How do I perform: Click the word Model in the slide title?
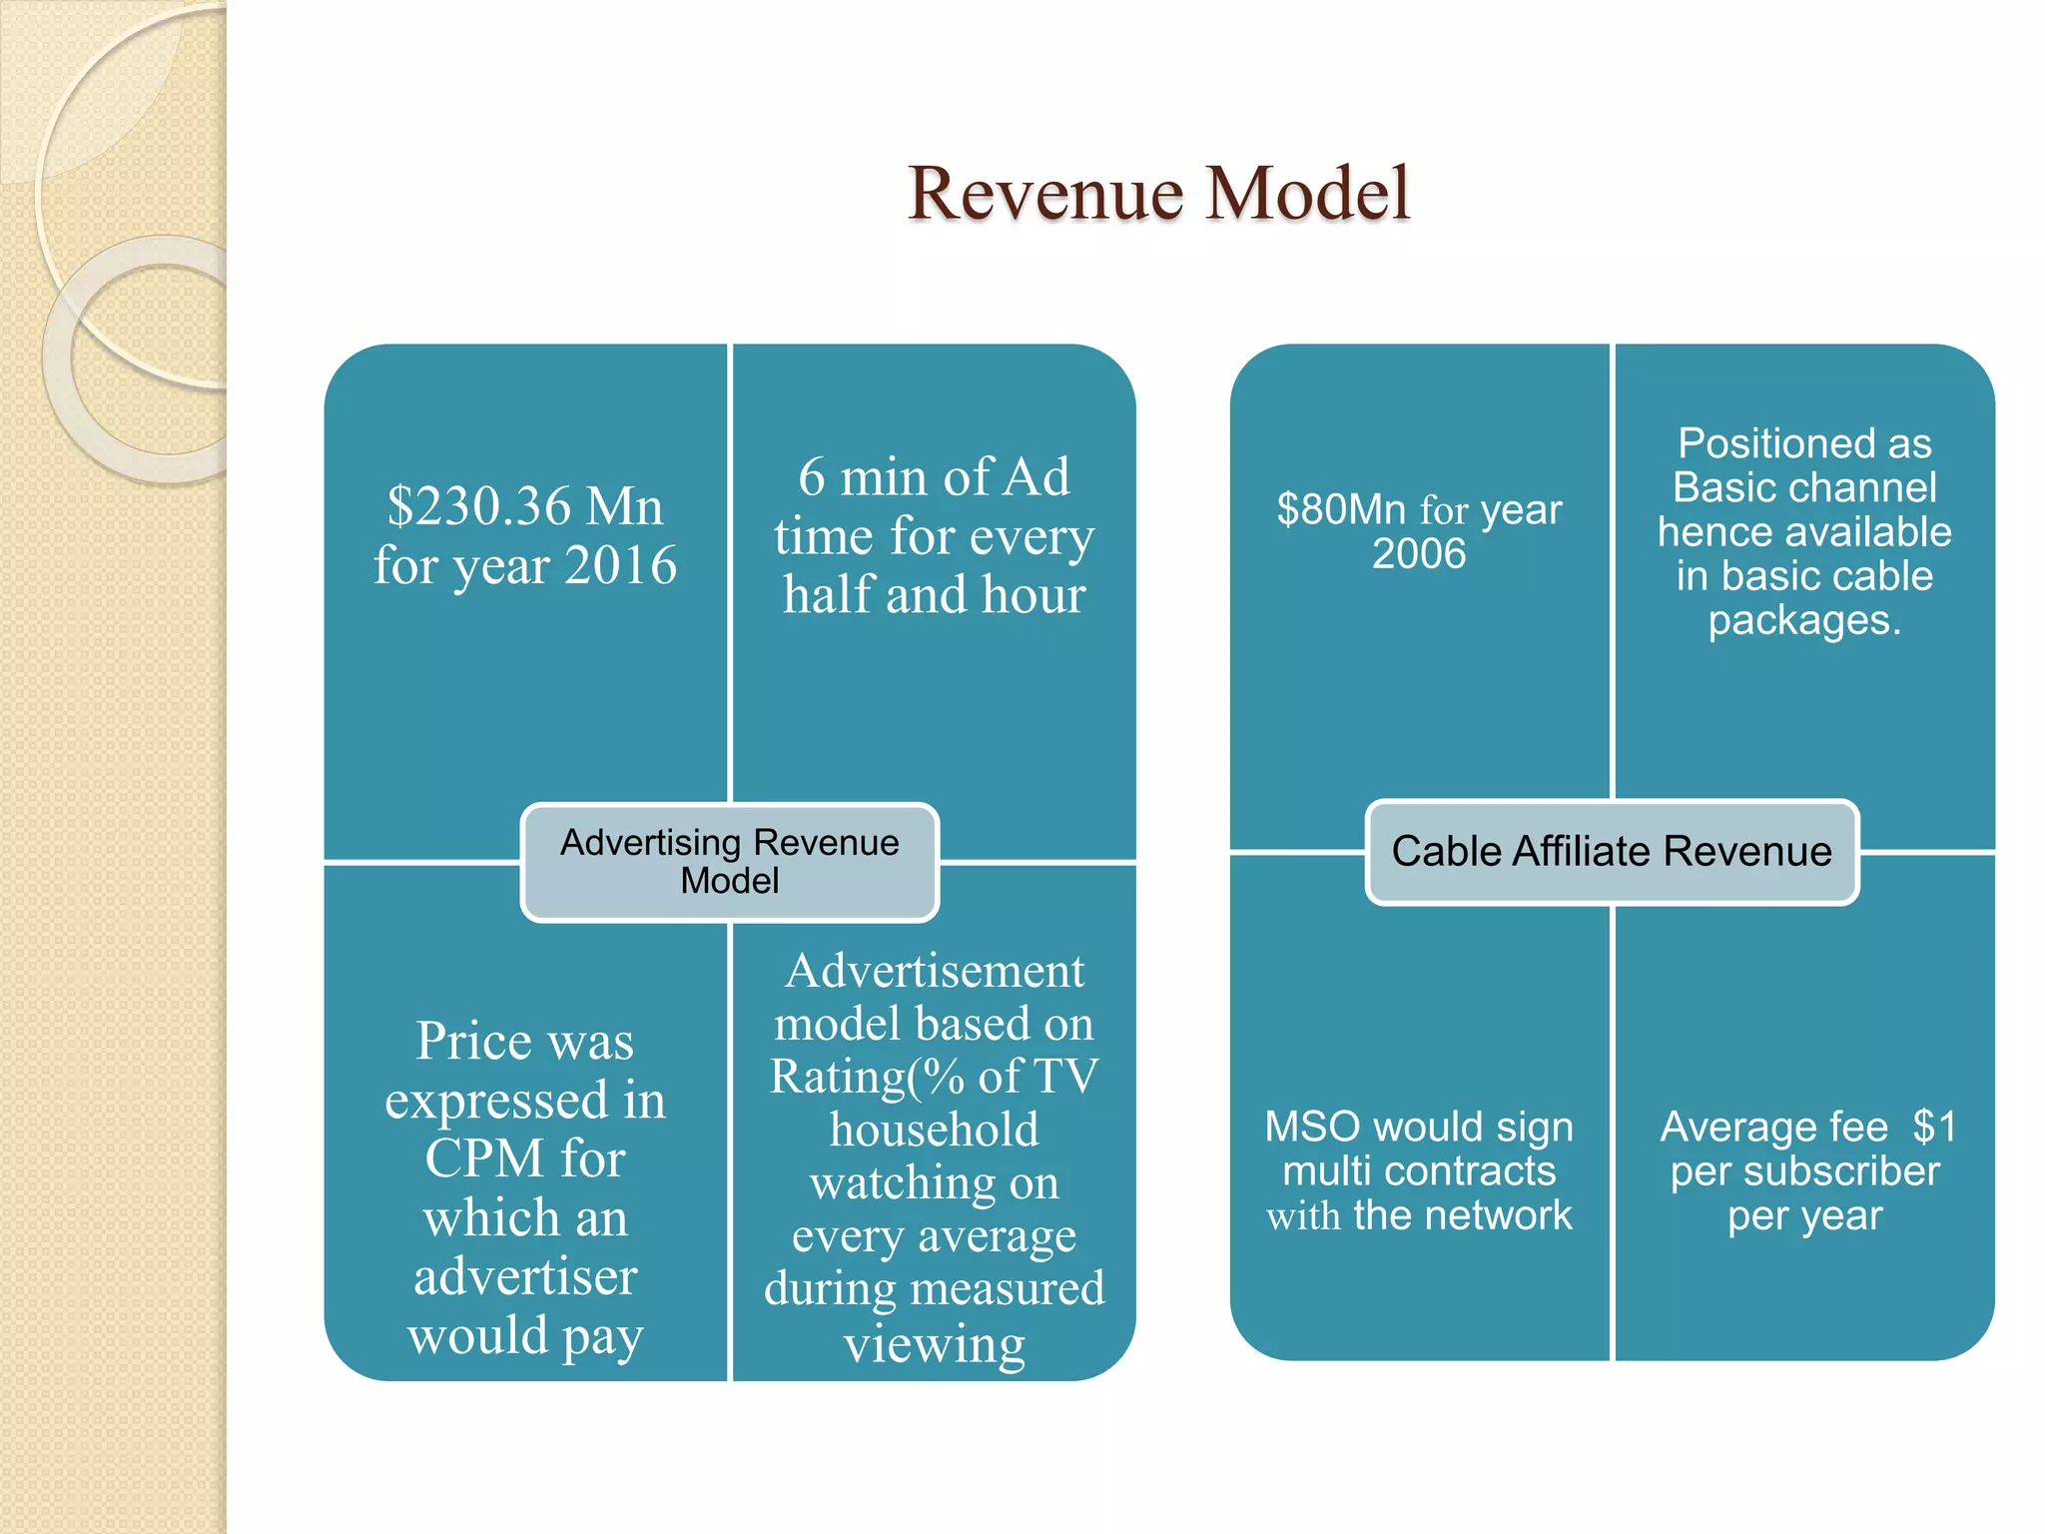(x=1307, y=194)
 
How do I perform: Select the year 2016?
(x=621, y=565)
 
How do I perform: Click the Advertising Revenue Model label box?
(x=730, y=861)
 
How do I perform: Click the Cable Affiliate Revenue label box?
(x=1612, y=852)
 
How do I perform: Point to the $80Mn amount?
(x=1341, y=509)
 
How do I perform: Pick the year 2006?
(x=1419, y=553)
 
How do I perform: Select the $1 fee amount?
(x=1934, y=1127)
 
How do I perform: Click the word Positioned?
(x=1804, y=443)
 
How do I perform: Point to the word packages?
(x=1804, y=620)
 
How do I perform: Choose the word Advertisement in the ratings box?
(x=934, y=971)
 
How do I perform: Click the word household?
(x=934, y=1130)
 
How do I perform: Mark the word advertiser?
(x=525, y=1276)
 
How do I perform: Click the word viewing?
(x=934, y=1343)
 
